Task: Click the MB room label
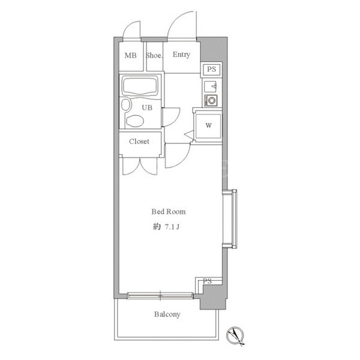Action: click(130, 56)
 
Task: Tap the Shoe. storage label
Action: click(154, 55)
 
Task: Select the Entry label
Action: click(181, 55)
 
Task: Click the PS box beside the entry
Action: click(211, 70)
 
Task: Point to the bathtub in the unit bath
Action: click(140, 86)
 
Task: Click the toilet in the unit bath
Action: click(135, 121)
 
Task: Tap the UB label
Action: click(147, 107)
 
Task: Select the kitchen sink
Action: click(211, 86)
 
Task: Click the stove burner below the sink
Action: click(211, 100)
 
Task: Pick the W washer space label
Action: click(208, 125)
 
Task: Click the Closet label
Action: click(139, 142)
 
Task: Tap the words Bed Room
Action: click(169, 211)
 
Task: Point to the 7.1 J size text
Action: click(172, 227)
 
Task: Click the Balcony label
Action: click(167, 314)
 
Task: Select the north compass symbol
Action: click(235, 335)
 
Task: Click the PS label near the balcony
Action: click(207, 281)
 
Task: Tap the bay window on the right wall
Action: click(230, 219)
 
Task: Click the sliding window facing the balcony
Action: click(160, 295)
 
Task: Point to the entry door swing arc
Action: click(178, 19)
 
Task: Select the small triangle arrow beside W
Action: click(190, 135)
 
